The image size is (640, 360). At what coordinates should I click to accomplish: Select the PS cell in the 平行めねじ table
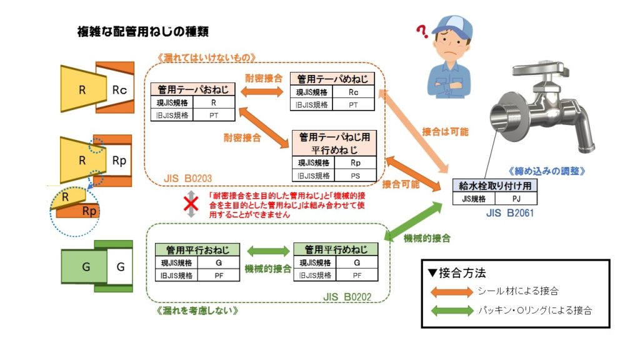click(x=355, y=176)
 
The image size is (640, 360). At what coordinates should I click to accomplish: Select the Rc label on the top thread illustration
click(x=119, y=90)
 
